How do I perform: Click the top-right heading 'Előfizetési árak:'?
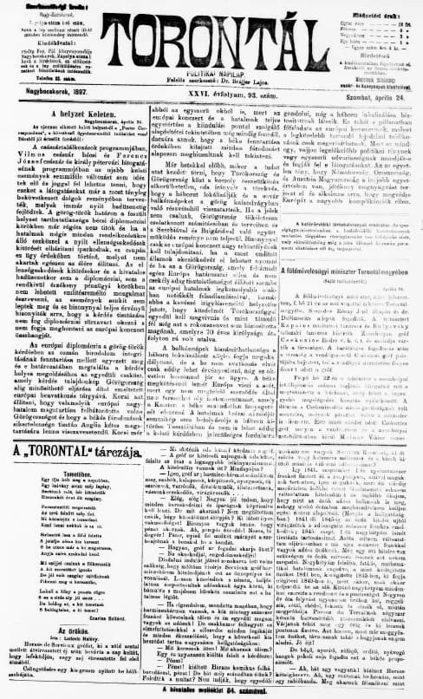pyautogui.click(x=372, y=6)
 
